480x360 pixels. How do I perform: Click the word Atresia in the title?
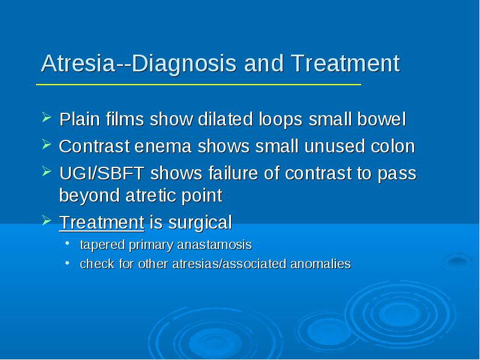[x=78, y=64]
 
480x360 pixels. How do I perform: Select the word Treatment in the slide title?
[x=346, y=64]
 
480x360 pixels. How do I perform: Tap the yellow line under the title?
[x=199, y=84]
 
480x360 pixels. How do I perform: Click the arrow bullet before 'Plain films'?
[x=46, y=116]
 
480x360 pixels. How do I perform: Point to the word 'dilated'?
[x=226, y=119]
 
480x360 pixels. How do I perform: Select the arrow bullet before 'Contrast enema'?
[x=46, y=144]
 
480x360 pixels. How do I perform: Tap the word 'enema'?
[x=163, y=146]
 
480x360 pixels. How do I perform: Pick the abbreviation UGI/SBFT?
[x=101, y=173]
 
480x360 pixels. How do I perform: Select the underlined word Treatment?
[x=101, y=222]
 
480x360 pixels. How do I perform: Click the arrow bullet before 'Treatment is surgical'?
[x=46, y=220]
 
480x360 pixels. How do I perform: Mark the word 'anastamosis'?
[x=214, y=245]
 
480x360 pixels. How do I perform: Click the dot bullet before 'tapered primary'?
[x=67, y=243]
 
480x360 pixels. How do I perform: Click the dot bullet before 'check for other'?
[x=67, y=262]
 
